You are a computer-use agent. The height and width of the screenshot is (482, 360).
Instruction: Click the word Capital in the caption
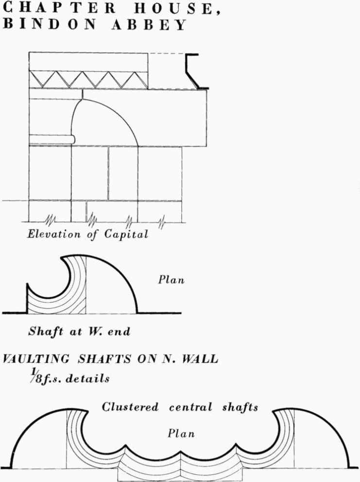[126, 235]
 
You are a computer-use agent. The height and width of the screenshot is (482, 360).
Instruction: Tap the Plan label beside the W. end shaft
[171, 280]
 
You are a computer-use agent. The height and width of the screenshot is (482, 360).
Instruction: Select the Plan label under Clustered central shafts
[181, 433]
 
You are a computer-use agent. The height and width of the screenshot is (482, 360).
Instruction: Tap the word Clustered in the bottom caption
[130, 407]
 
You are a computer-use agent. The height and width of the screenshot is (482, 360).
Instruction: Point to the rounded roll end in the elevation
[72, 139]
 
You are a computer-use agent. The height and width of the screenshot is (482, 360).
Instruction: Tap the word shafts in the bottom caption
[240, 407]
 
